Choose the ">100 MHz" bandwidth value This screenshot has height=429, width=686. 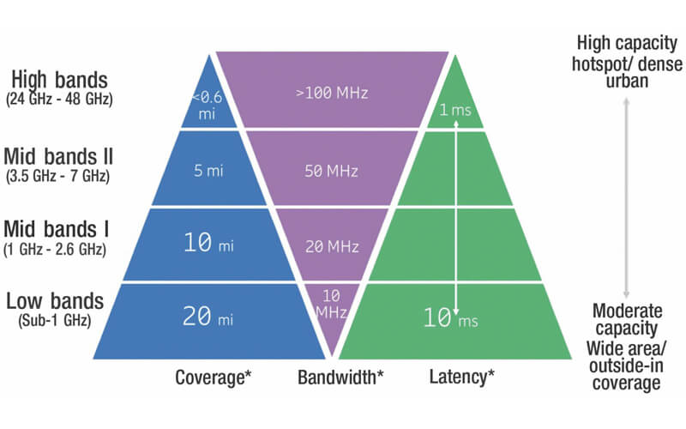[332, 92]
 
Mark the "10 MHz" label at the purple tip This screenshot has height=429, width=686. [332, 304]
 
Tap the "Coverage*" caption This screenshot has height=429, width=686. [210, 376]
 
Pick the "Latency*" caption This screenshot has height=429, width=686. [461, 376]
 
